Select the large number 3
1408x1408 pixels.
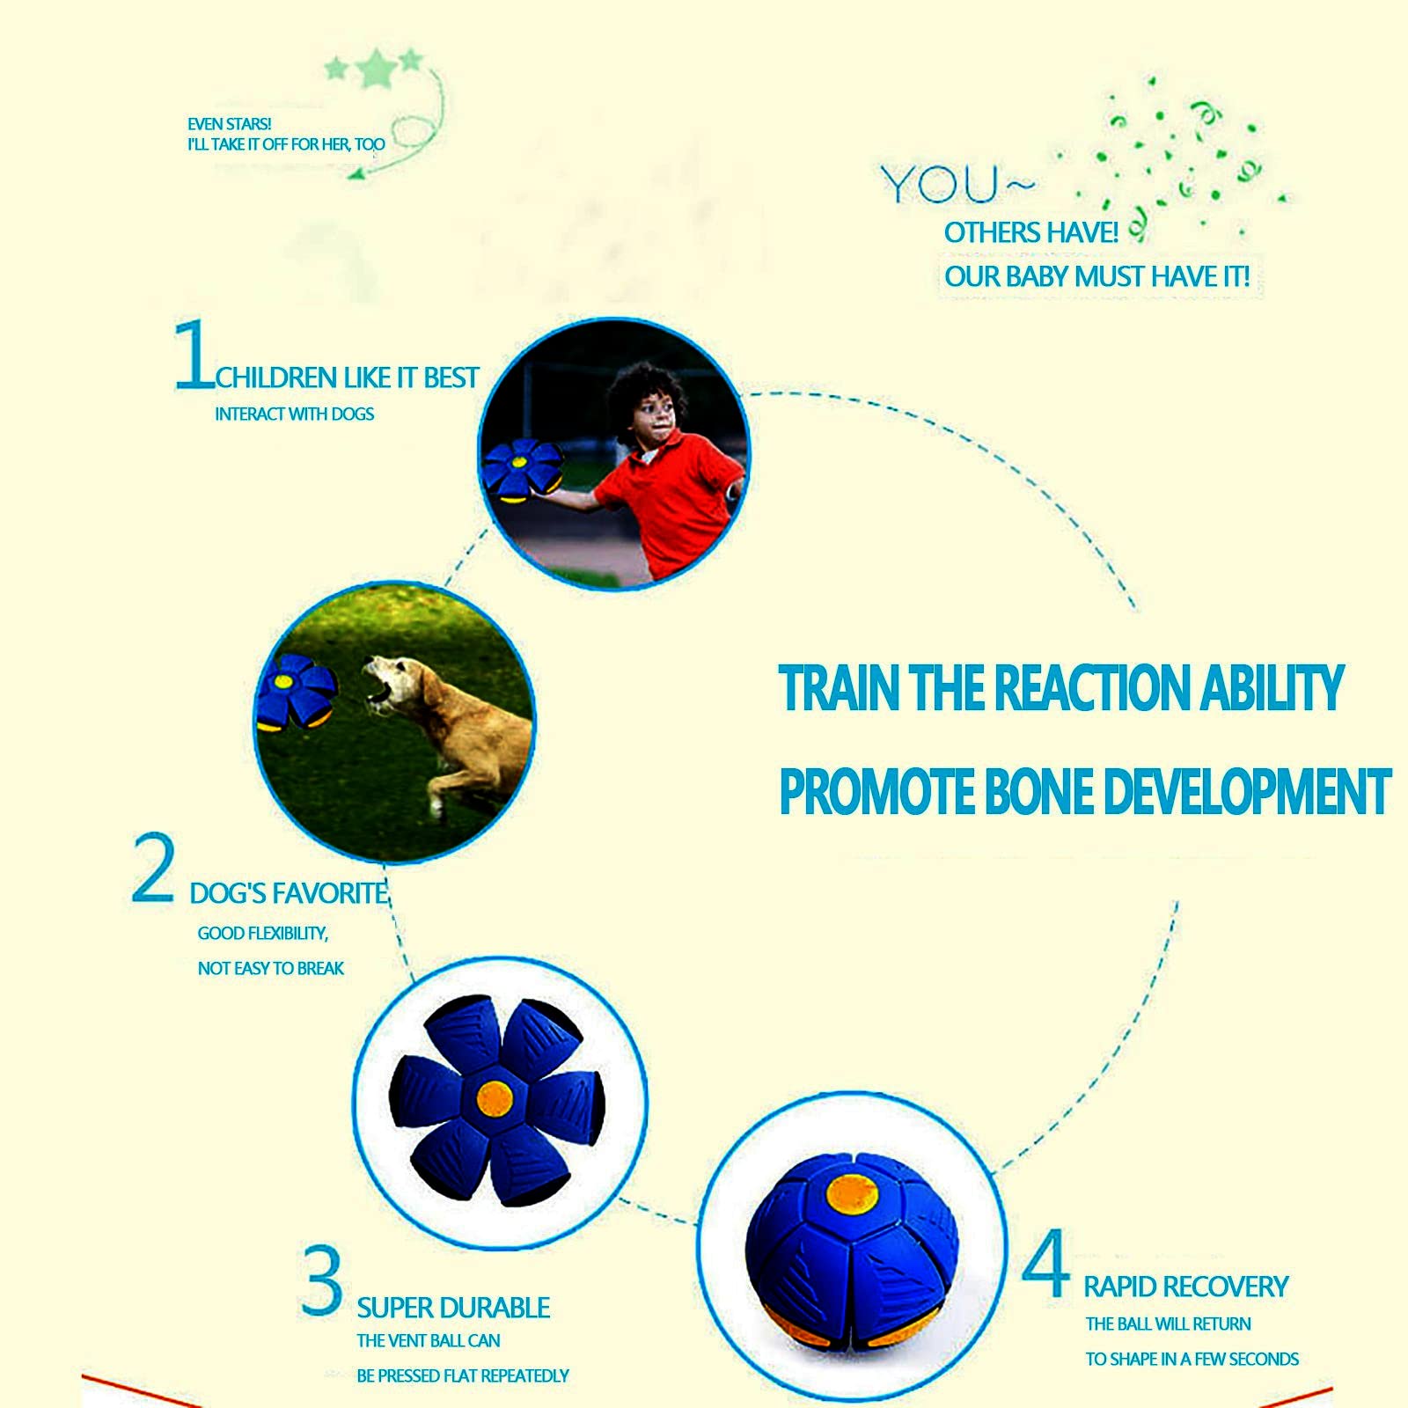point(321,1281)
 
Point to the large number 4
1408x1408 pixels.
point(1046,1265)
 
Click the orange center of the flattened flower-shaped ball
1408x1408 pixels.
point(495,1098)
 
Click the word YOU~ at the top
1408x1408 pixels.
point(957,186)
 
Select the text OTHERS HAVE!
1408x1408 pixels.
point(1031,233)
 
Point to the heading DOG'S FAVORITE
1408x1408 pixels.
point(289,894)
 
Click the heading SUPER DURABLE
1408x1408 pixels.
point(453,1309)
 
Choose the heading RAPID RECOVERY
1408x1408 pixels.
point(1185,1287)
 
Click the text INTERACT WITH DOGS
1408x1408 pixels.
point(294,414)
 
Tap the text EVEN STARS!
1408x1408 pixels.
point(229,124)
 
